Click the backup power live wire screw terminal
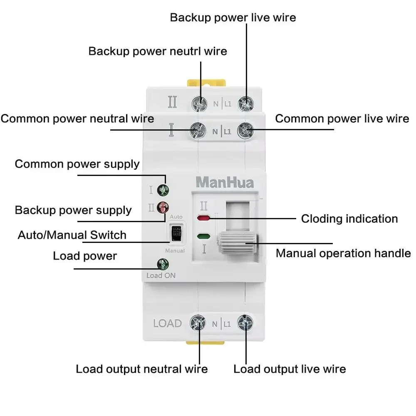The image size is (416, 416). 246,103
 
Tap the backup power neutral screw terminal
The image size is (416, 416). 200,103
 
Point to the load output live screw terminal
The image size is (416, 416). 245,323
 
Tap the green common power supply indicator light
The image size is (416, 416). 163,191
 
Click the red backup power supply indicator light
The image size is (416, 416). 163,207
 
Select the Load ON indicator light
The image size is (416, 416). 161,264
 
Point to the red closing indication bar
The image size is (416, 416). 203,218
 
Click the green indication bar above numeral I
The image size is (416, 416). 203,236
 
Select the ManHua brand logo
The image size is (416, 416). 224,182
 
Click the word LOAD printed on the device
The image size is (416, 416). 167,323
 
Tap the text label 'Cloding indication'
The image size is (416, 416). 349,219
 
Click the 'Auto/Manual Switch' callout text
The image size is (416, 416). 72,235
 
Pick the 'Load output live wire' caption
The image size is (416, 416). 290,369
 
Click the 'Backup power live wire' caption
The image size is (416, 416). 233,17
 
